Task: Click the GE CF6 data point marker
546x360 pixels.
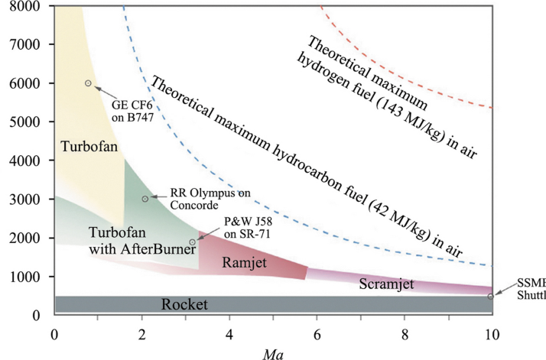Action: point(88,83)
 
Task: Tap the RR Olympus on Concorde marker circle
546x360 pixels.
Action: point(145,199)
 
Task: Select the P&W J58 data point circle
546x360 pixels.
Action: point(193,242)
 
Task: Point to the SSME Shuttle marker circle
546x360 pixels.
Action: point(490,297)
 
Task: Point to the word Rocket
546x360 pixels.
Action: point(184,305)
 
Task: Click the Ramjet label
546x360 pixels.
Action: point(246,262)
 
